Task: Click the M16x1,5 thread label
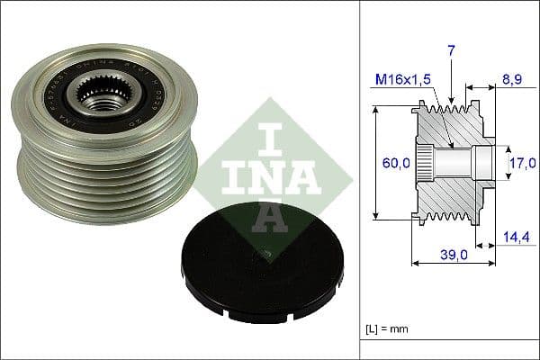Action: [402, 80]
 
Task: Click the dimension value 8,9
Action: [512, 80]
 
